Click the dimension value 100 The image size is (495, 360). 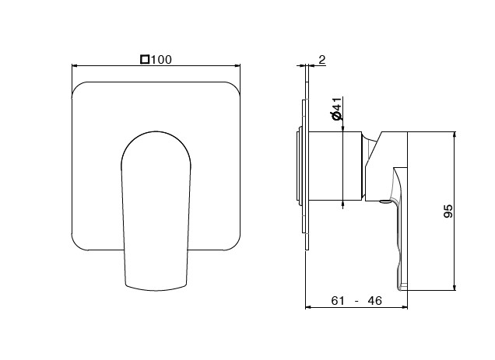(161, 60)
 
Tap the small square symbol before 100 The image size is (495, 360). (145, 59)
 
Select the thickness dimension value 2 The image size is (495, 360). (321, 60)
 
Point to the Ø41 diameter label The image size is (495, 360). (336, 109)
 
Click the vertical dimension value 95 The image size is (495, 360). (448, 211)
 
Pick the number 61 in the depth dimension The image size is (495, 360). (338, 301)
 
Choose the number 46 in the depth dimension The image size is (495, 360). (374, 301)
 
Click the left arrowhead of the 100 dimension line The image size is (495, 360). (75, 65)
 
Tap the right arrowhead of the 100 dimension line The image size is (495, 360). (237, 65)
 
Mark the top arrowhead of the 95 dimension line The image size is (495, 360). (455, 135)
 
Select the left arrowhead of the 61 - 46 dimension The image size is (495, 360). (308, 306)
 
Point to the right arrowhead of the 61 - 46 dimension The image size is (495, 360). (405, 306)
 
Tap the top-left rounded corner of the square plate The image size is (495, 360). (79, 89)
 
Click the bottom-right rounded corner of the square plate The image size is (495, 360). (233, 243)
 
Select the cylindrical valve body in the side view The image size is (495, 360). (335, 166)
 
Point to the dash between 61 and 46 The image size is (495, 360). (356, 302)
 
